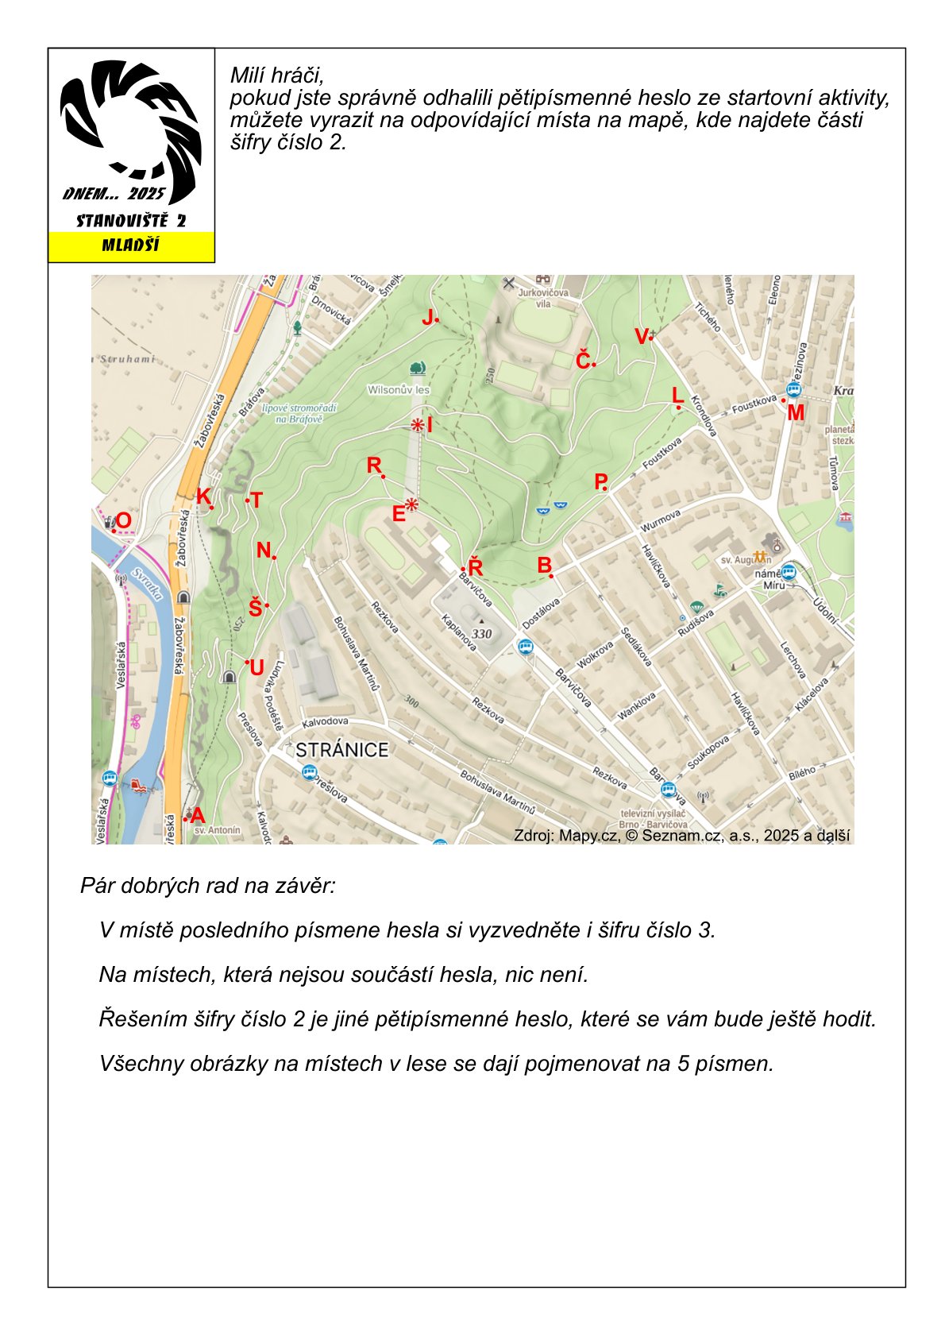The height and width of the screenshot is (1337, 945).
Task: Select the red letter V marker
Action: coord(642,337)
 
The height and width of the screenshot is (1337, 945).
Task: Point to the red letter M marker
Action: coord(795,412)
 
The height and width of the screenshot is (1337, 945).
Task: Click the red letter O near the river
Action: coord(124,520)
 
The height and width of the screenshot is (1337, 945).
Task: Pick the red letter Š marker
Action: coord(255,609)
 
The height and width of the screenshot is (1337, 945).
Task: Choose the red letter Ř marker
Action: coord(475,567)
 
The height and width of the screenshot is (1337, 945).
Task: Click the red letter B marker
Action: coord(544,566)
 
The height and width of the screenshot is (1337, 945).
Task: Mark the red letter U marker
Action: coord(256,668)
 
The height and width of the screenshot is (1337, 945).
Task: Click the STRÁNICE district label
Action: coord(341,750)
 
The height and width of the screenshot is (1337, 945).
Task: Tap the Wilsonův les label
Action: coord(398,390)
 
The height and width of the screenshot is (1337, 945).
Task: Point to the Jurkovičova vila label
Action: coord(543,298)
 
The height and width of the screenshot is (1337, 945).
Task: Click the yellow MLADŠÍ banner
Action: coord(131,245)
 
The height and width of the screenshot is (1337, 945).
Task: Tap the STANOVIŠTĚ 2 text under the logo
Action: coord(131,221)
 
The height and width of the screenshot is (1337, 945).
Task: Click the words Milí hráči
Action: coord(276,75)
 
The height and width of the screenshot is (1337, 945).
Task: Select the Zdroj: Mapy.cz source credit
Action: coord(681,835)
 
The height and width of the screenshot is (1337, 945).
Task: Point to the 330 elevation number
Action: coord(482,633)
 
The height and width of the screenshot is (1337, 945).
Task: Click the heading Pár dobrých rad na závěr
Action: coord(208,885)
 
